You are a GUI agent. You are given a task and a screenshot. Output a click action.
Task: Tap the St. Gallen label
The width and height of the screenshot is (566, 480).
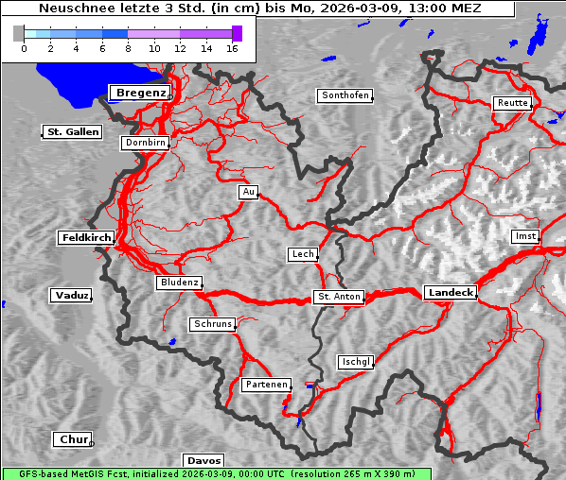click(72, 132)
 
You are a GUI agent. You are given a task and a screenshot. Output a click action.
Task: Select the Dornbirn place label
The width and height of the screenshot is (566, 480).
click(146, 143)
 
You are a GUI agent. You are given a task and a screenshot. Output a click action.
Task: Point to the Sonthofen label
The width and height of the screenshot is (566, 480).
click(345, 95)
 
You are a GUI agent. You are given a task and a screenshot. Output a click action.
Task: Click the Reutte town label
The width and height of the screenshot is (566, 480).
click(512, 103)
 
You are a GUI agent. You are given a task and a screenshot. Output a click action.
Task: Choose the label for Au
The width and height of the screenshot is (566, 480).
click(248, 192)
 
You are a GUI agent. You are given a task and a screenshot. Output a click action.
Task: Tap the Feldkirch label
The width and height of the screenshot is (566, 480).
click(86, 238)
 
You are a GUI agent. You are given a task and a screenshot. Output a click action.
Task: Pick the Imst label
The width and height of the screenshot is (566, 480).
click(523, 235)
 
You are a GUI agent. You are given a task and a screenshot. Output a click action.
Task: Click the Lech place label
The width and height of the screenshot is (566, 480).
click(302, 254)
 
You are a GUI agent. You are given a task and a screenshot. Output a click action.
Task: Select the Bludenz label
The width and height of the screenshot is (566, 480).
click(179, 283)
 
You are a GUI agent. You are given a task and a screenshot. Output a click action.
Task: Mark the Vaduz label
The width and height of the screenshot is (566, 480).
click(71, 296)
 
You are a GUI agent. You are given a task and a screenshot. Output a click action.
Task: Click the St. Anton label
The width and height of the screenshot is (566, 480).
click(338, 297)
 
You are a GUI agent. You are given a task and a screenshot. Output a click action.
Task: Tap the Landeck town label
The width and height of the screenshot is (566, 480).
click(451, 293)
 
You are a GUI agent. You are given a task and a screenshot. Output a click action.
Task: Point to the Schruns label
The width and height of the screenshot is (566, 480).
click(212, 324)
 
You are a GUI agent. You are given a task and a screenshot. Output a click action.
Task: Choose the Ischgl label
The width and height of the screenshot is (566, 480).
click(356, 362)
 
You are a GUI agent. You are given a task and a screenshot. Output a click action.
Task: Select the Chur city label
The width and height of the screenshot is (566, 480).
click(72, 439)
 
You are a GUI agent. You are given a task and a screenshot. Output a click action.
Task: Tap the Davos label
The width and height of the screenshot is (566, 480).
click(203, 460)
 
